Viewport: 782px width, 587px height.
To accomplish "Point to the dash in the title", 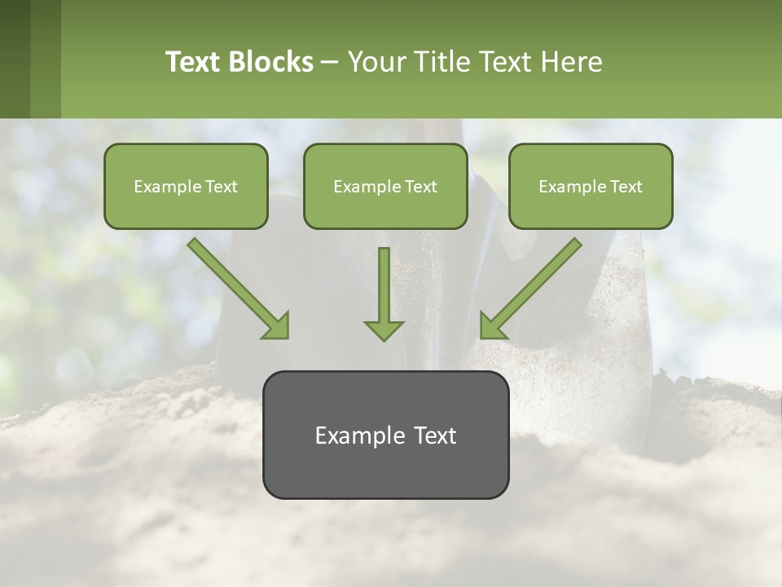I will [x=330, y=62].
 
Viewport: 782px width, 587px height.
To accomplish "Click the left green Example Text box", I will [x=186, y=186].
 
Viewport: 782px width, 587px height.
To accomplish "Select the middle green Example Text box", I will [x=385, y=186].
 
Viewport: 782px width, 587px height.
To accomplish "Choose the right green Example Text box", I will [x=591, y=186].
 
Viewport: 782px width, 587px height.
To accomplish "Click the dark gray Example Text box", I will [x=385, y=435].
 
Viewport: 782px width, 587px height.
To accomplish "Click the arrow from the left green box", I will [x=236, y=287].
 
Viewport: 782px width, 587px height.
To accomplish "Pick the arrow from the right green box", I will [x=532, y=287].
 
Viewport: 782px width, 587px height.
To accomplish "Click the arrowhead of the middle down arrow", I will [x=384, y=329].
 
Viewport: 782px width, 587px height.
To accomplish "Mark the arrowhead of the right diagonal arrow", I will [x=492, y=325].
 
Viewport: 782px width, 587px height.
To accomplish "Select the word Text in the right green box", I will [x=626, y=187].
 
